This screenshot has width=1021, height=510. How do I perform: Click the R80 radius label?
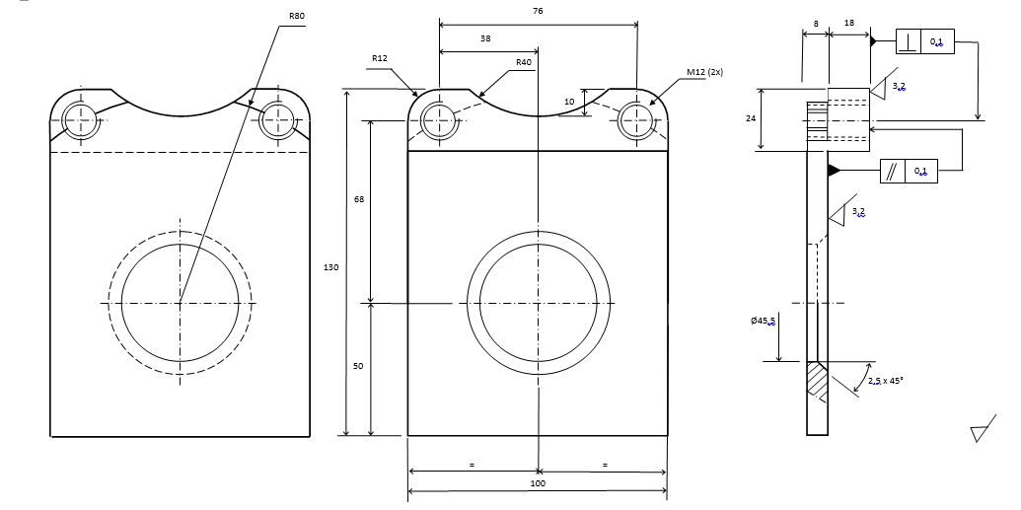coord(297,17)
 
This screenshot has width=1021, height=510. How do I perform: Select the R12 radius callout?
coord(380,59)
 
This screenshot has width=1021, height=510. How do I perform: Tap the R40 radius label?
coord(524,62)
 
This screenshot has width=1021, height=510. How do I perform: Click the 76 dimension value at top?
coord(538,11)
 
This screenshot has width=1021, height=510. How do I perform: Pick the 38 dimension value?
coord(485,38)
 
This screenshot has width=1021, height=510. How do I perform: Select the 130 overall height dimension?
coord(331,266)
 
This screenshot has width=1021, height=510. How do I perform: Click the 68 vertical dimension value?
coord(359,200)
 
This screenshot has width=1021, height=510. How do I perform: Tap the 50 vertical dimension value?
coord(359,366)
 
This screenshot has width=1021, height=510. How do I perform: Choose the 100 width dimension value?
coord(538,483)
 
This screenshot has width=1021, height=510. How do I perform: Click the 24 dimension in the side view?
coord(751,118)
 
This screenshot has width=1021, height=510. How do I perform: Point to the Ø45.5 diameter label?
coord(763,322)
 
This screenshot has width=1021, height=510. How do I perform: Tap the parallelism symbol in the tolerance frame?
coord(892,172)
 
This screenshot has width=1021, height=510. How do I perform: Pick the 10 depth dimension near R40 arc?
coord(569,102)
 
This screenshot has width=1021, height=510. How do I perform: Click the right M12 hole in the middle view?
coord(637,121)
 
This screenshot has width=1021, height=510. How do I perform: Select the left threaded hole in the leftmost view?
coord(82,121)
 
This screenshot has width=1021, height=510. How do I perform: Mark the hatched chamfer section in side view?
coord(818,381)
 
